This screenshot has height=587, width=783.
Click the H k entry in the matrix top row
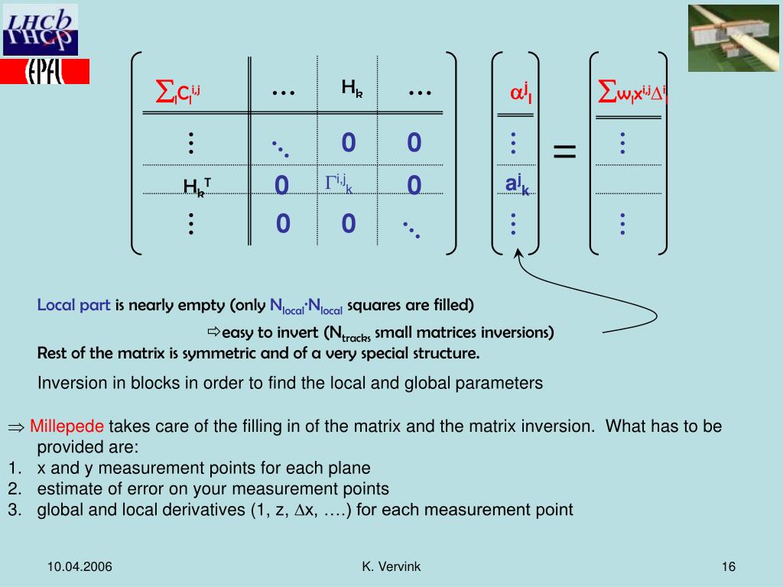[352, 89]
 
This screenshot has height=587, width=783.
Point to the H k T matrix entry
[197, 186]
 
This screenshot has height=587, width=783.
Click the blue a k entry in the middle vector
[517, 185]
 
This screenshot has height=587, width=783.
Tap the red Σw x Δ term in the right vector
[632, 94]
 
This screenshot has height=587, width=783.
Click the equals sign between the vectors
[564, 151]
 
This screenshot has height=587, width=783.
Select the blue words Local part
[74, 306]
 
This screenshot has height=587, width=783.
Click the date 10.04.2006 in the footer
[80, 566]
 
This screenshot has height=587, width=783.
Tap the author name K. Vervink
[391, 566]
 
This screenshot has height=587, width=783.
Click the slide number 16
[727, 566]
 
